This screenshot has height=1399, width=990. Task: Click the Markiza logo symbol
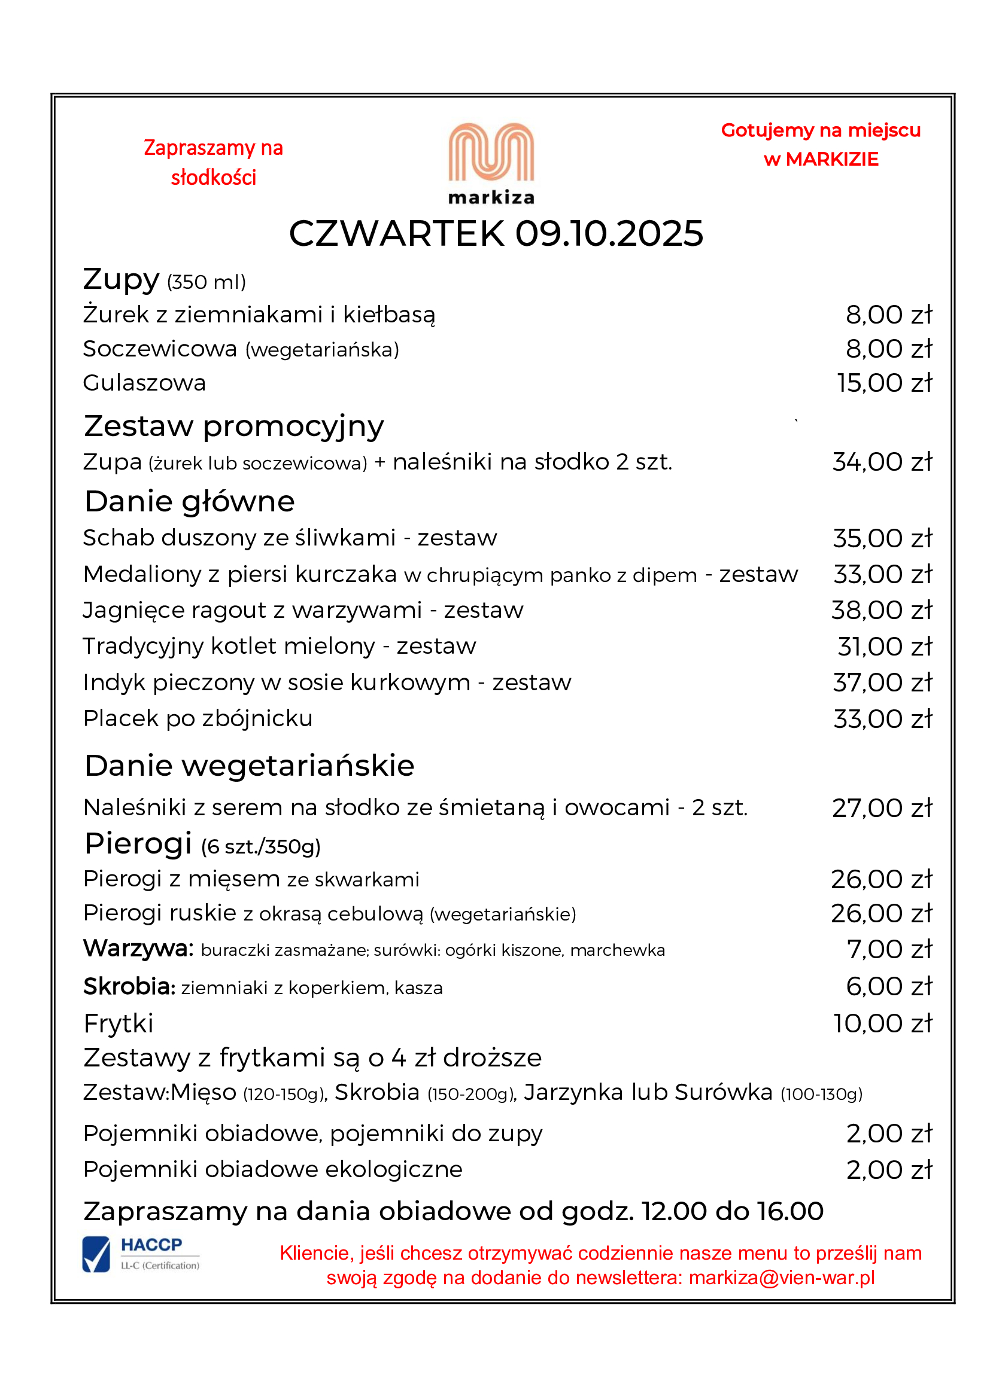(x=491, y=153)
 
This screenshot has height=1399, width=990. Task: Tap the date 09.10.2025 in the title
(x=609, y=233)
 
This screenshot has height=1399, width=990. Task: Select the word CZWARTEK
(x=397, y=233)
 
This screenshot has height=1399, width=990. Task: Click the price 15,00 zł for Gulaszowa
(x=884, y=383)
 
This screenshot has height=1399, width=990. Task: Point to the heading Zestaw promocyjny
(x=234, y=426)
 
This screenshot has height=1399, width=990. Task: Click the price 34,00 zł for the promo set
(x=882, y=462)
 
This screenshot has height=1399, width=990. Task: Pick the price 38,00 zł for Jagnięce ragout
(x=882, y=610)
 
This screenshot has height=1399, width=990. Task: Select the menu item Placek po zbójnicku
(x=198, y=718)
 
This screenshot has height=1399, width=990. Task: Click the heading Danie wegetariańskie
(x=250, y=766)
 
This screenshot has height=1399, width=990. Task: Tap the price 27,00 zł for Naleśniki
(x=882, y=808)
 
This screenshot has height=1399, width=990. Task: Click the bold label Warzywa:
(x=138, y=949)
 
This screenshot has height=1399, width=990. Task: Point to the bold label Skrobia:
(x=129, y=986)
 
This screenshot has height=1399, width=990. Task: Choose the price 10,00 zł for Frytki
(x=883, y=1023)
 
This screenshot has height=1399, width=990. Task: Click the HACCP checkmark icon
(x=96, y=1254)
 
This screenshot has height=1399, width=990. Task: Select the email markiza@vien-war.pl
(x=782, y=1278)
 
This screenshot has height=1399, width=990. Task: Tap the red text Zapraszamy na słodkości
(x=213, y=162)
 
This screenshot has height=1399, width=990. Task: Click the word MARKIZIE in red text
(x=831, y=160)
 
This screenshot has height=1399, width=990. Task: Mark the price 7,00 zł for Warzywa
(x=889, y=949)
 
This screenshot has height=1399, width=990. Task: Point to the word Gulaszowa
(x=144, y=383)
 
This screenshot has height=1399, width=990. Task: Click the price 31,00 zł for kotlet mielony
(x=885, y=647)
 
